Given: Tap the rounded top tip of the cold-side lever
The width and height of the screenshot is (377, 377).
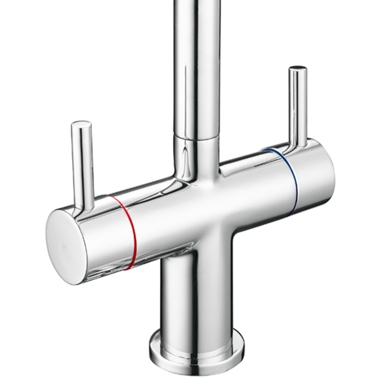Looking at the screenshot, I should coord(297,69).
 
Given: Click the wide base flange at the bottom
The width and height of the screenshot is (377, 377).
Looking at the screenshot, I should coord(196,352).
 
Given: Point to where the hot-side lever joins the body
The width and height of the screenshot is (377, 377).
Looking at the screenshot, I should coord(85,205).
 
